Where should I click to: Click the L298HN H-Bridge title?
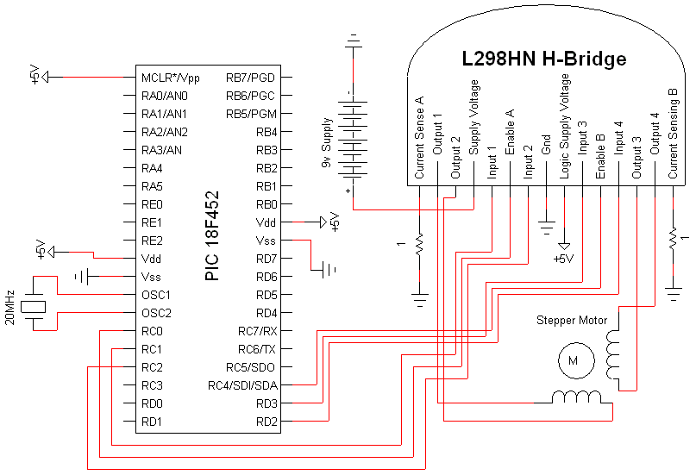click(544, 59)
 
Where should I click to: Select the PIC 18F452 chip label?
click(212, 235)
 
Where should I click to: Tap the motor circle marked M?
click(571, 362)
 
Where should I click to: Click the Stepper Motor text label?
click(572, 321)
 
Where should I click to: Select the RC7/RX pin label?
click(258, 331)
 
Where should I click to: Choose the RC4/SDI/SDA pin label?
click(243, 385)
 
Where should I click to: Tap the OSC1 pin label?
click(157, 295)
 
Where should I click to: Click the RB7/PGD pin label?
click(252, 77)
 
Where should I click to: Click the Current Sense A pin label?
click(419, 138)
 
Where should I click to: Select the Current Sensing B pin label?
click(673, 133)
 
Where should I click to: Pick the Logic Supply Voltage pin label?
click(565, 126)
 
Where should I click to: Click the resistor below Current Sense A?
click(419, 245)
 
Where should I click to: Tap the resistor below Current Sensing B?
click(673, 237)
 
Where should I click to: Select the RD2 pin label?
click(266, 422)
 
